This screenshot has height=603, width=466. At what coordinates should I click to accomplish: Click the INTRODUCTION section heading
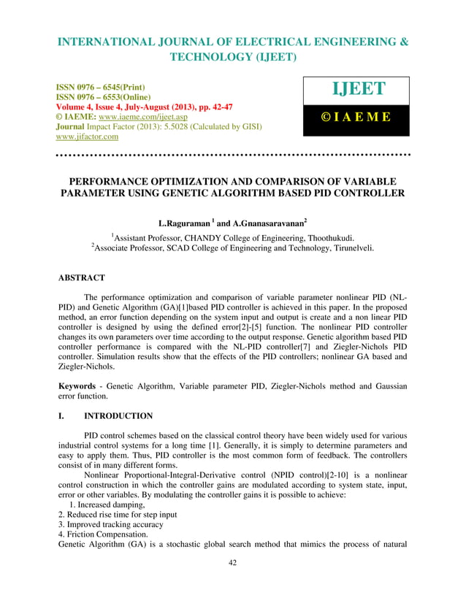tap(118, 416)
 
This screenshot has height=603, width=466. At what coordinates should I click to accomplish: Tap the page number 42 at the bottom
tap(232, 582)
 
